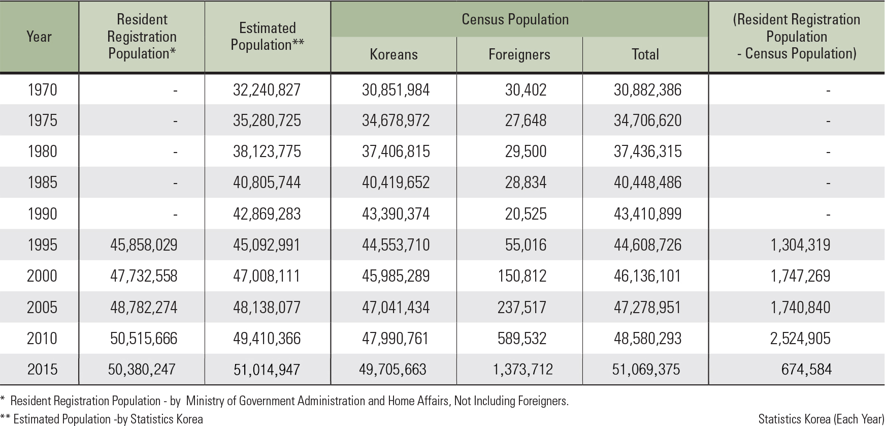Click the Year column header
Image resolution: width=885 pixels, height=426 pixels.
point(39,37)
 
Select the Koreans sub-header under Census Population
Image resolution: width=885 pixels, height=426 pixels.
point(394,54)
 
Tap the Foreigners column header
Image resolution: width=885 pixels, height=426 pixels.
point(519,54)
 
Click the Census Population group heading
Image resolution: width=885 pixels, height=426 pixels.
point(515,19)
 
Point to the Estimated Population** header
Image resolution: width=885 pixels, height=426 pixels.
point(268,37)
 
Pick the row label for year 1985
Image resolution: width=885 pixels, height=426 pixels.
point(42,182)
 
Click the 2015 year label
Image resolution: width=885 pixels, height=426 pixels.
point(42,369)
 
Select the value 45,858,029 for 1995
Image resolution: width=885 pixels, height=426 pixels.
point(144,245)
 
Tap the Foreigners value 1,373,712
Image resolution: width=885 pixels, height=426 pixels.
point(522,369)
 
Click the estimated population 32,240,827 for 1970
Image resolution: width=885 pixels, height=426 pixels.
point(267,90)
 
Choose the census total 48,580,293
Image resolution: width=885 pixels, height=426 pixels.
point(647,338)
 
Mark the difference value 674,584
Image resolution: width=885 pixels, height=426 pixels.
point(806,369)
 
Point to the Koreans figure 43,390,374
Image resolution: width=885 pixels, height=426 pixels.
point(396,214)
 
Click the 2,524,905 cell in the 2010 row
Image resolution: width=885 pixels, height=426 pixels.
point(800,338)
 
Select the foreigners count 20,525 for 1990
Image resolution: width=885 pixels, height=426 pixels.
point(526,214)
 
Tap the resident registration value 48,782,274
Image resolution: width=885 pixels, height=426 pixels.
point(144,307)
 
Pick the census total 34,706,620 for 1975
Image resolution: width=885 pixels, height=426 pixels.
point(647,120)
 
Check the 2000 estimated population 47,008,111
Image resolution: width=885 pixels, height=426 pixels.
point(267,276)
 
